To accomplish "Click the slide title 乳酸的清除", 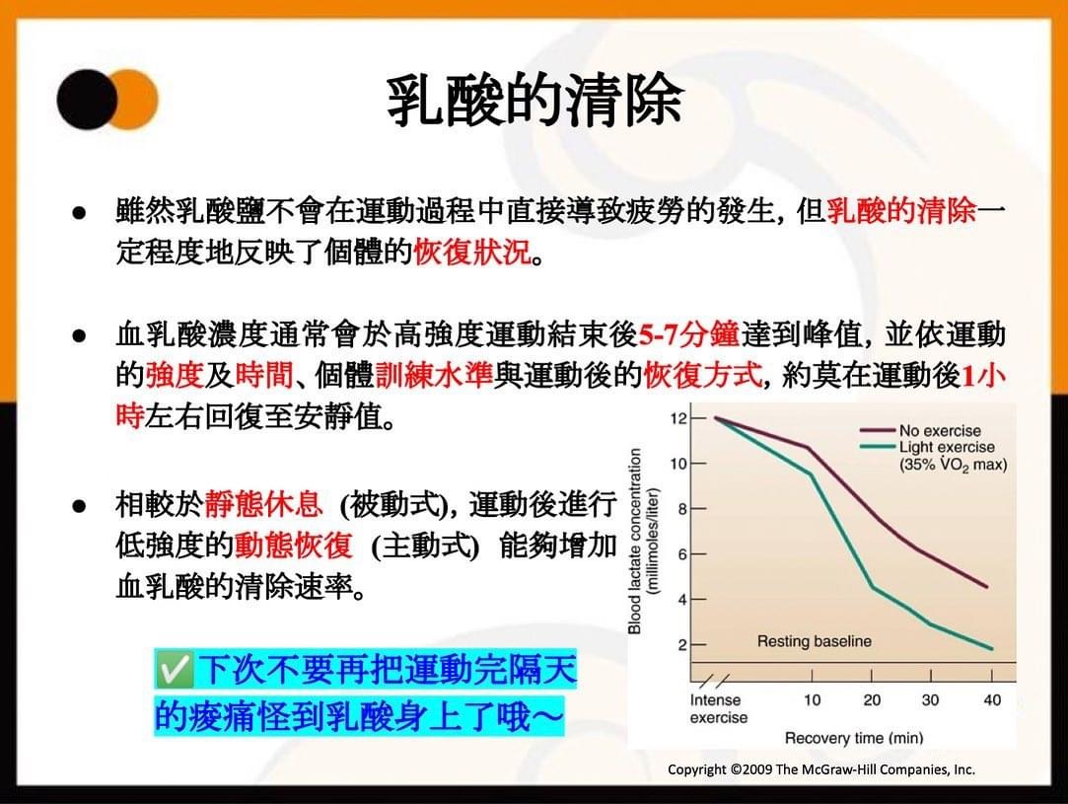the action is point(534,101).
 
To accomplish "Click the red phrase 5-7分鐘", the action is point(688,334).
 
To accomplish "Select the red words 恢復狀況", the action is point(472,253).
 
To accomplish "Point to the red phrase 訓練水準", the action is point(434,375).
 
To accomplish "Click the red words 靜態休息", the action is point(263,504).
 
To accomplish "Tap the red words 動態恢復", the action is point(294,546).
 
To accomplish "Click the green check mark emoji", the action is point(174,669).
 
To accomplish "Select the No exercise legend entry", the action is point(920,431).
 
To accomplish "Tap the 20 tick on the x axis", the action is point(872,699).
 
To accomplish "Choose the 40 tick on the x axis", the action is point(992,699).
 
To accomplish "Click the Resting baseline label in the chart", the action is point(814,641).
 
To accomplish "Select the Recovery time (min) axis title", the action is point(854,738).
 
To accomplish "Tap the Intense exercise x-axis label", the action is point(718,708).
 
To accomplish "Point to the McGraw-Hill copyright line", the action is point(820,769).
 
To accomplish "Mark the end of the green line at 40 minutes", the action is point(992,649).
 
